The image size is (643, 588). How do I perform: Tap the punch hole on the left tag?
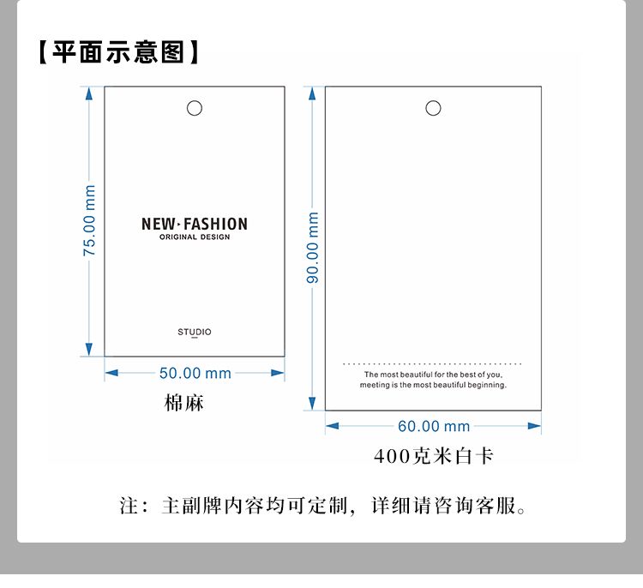point(195,108)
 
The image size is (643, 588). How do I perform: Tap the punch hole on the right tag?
point(433,108)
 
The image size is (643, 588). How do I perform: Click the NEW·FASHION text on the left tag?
point(195,225)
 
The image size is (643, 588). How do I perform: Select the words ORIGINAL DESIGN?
point(195,237)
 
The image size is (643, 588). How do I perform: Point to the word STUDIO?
point(195,332)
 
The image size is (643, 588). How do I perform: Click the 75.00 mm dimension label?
point(89,220)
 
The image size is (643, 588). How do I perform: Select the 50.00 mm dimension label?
point(195,373)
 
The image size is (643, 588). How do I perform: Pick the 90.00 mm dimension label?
point(313,248)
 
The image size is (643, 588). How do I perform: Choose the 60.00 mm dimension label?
point(434,426)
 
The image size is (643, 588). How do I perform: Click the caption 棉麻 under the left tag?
point(184,402)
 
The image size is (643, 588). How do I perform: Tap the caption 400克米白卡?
point(434,456)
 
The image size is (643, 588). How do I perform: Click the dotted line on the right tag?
point(433,363)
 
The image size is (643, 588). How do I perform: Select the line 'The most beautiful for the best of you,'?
point(433,375)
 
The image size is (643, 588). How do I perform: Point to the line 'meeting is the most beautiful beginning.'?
point(433,386)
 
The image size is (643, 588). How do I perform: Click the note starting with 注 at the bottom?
point(322,506)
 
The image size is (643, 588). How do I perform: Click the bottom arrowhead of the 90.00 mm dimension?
point(313,404)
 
